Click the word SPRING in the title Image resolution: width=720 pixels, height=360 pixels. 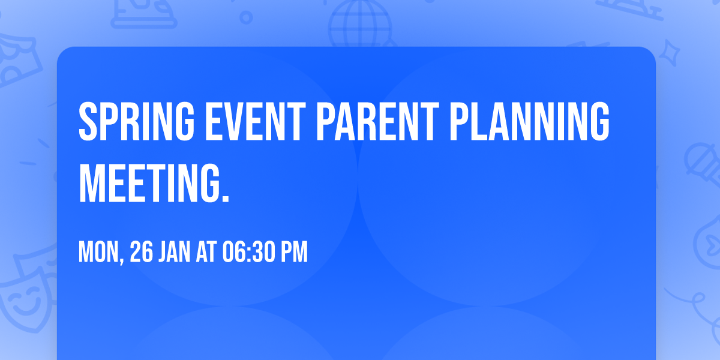[137, 121]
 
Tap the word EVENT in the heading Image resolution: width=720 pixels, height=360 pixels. [255, 121]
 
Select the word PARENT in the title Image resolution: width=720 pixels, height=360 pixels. [377, 121]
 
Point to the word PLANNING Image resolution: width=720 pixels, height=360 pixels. [530, 121]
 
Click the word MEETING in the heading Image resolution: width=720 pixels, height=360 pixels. [149, 183]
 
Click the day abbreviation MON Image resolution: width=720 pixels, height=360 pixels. [98, 251]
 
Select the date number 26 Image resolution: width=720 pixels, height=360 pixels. [142, 251]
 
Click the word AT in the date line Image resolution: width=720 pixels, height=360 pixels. [206, 251]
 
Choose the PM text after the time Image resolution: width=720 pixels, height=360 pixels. [294, 251]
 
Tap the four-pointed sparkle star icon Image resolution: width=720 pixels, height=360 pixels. [669, 53]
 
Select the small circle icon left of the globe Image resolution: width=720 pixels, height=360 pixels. [246, 17]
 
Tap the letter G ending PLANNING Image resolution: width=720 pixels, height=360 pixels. [599, 121]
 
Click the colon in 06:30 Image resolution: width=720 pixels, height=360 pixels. [250, 254]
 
